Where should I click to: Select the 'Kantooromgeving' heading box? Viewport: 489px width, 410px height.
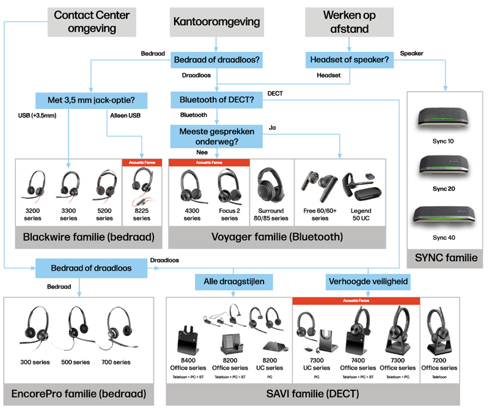[x=216, y=22]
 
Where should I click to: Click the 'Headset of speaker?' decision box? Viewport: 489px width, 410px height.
[x=349, y=59]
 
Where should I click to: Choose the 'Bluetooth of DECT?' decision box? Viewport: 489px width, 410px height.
[x=216, y=99]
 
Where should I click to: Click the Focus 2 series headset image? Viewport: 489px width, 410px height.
[x=229, y=185]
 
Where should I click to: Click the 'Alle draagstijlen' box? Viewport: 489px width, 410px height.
[x=233, y=282]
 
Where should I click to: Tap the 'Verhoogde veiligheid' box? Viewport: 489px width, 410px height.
[x=368, y=282]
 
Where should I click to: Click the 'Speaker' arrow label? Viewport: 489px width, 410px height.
[x=411, y=53]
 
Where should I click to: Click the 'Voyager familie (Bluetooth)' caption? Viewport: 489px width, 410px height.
[x=277, y=236]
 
